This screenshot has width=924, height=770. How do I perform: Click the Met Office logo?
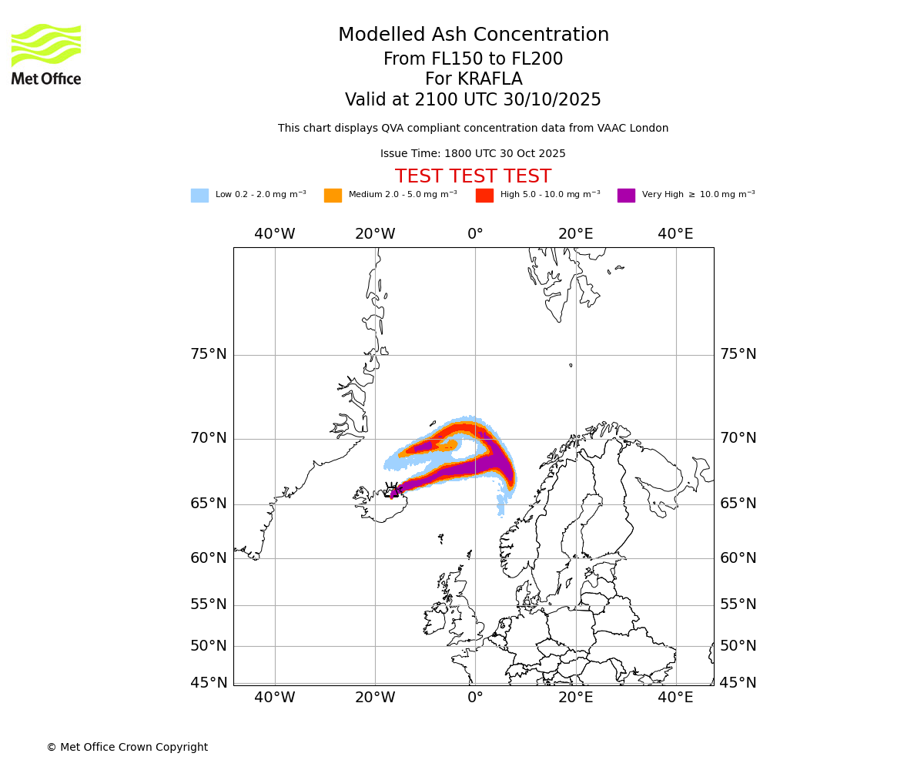coord(46,54)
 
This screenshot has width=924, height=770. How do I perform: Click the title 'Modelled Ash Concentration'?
coord(473,35)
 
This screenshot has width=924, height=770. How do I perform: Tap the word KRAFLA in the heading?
coord(490,79)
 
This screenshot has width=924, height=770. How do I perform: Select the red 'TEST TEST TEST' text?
coord(473,177)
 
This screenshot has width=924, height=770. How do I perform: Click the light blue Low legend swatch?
coord(199,196)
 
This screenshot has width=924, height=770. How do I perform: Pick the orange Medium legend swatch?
coord(333,196)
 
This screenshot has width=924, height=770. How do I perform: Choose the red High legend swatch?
coord(484,196)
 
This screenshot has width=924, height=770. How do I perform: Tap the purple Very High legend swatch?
coord(626,196)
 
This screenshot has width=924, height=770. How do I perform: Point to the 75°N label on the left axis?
coord(209,354)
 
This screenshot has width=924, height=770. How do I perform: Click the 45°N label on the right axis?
coord(738,683)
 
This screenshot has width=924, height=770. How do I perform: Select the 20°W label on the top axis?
coord(375,234)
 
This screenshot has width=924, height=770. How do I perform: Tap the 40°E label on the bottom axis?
coord(675,698)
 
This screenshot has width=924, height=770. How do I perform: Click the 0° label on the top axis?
coord(475,234)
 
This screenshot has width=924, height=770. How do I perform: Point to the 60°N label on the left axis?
coord(209,558)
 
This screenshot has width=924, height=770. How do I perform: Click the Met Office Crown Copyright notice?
coord(127,748)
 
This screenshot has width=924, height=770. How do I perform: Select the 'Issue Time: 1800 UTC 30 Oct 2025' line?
coord(473,154)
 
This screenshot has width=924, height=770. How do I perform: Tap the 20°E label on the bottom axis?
coord(575,698)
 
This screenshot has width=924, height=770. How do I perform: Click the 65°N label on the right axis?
coord(738,504)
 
